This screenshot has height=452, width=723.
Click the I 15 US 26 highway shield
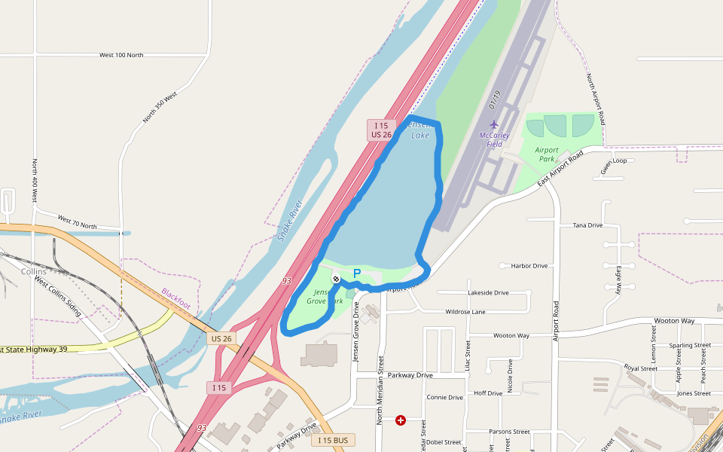click(380, 130)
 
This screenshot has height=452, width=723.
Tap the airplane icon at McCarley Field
click(494, 124)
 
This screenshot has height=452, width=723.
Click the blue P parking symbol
click(357, 274)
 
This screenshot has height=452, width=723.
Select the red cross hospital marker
click(401, 420)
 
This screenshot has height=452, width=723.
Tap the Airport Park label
click(547, 154)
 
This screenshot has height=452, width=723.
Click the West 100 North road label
click(121, 55)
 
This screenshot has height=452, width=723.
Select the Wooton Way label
click(673, 321)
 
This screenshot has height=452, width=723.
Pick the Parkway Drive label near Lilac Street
click(410, 375)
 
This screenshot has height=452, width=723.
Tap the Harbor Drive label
click(529, 266)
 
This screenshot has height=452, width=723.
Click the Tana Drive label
click(587, 225)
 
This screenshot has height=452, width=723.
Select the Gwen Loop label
click(614, 161)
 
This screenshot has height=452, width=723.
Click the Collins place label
click(34, 271)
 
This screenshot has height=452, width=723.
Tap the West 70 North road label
click(77, 221)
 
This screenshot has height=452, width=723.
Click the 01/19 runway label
click(494, 98)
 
